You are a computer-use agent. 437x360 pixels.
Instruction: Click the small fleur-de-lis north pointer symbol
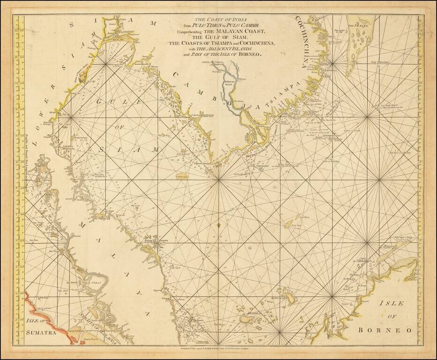tap(218, 227)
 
